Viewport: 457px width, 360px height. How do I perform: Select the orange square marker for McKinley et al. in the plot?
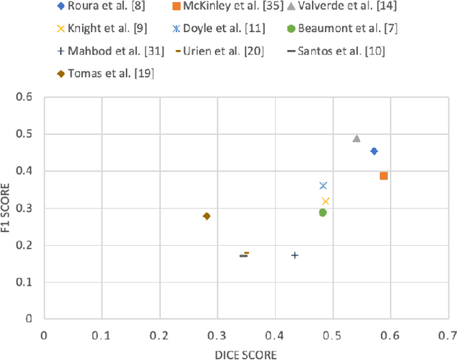(x=383, y=176)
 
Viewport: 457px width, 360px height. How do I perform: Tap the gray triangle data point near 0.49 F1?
(x=356, y=139)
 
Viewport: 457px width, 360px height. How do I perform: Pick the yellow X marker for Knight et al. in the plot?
(x=326, y=201)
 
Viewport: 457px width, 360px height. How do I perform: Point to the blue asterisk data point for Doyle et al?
(x=323, y=186)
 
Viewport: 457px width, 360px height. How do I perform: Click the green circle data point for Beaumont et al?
(x=323, y=212)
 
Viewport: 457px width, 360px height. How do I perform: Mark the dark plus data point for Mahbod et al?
(x=294, y=255)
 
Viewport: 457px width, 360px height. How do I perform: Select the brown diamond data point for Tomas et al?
(x=206, y=216)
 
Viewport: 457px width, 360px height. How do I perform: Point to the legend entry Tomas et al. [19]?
(x=108, y=73)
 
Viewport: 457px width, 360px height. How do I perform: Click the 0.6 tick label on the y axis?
(x=29, y=96)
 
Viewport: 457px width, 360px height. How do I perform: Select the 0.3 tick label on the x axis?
(x=216, y=334)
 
